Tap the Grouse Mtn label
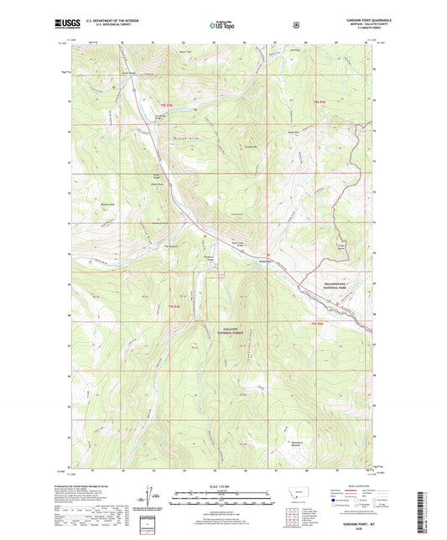tap(249, 146)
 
